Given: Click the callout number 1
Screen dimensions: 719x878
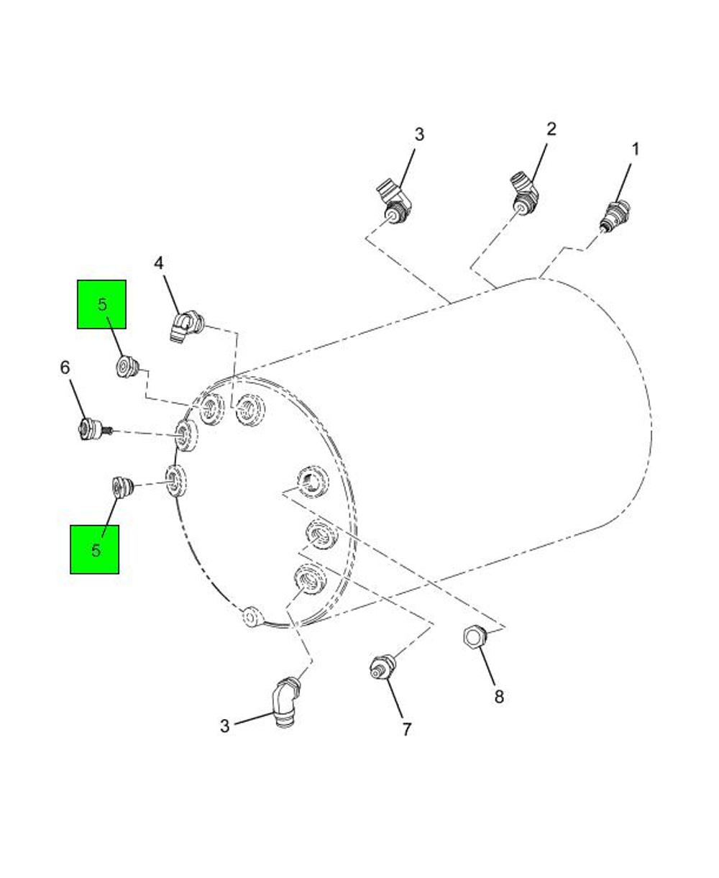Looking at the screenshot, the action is (636, 150).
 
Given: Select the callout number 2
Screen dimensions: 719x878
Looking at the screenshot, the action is (551, 129).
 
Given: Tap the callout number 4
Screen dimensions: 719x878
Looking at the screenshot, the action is (159, 263).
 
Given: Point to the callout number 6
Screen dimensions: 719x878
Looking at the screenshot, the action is (65, 367).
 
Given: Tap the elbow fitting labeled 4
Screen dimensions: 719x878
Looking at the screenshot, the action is (186, 326).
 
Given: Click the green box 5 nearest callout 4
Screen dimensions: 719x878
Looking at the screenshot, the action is (101, 304).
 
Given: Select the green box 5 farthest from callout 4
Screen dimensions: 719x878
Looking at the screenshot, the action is (94, 549).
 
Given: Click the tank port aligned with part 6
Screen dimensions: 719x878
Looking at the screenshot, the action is (186, 435).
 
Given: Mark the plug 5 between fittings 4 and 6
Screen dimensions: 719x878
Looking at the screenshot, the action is (129, 367).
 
